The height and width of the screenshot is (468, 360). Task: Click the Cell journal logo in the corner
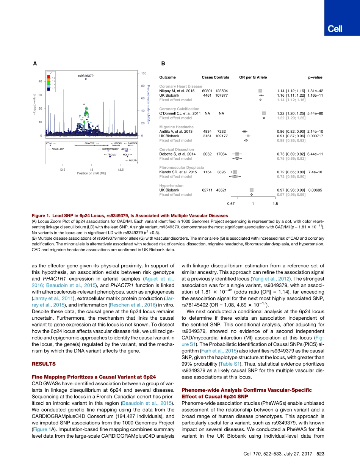coord(335,29)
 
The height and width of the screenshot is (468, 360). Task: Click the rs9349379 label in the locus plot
coord(86,76)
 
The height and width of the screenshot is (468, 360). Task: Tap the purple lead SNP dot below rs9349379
coord(86,79)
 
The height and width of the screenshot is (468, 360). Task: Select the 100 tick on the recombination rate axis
coord(144,73)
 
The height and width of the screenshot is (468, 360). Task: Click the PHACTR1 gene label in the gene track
coord(91,143)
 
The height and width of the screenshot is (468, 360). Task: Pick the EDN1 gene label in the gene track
coord(49,143)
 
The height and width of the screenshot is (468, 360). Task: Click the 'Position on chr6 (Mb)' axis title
coord(91,173)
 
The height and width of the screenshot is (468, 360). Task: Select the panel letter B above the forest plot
coord(163,64)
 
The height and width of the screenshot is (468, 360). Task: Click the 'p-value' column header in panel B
coord(315,77)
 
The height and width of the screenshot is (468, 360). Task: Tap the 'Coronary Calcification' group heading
coord(179,109)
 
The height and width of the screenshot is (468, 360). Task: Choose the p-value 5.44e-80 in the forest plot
coord(315,113)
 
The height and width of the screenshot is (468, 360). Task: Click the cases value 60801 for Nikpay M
coord(207,91)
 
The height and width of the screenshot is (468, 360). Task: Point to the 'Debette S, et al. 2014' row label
coord(177,154)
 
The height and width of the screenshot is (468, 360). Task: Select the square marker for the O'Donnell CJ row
coord(264,113)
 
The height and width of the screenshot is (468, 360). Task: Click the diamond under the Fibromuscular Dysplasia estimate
coord(235,177)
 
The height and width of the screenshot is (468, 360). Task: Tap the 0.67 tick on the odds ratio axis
coord(231,204)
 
